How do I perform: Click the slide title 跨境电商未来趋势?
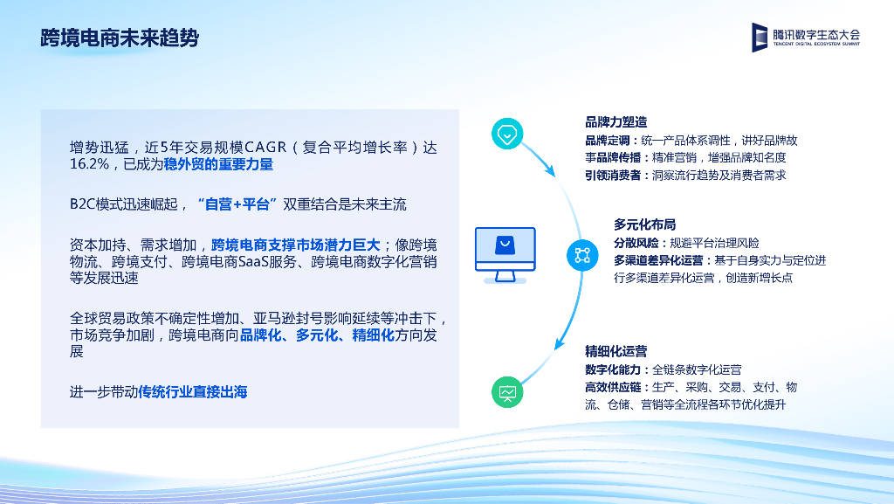click(x=120, y=38)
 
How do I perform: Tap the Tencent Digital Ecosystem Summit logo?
click(x=805, y=37)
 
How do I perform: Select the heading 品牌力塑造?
click(x=615, y=122)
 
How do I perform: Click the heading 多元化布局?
click(x=644, y=224)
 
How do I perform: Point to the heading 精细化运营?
click(x=615, y=351)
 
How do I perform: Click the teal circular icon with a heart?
click(x=507, y=134)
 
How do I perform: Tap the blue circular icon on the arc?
click(x=582, y=255)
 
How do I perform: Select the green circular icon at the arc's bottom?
click(x=507, y=392)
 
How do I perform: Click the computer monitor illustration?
click(x=505, y=255)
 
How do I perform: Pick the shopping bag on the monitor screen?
click(x=505, y=245)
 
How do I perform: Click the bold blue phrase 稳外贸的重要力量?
click(x=218, y=164)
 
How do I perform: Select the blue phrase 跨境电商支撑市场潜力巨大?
click(x=295, y=245)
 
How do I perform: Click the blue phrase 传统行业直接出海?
click(x=193, y=392)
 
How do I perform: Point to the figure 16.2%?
click(x=90, y=164)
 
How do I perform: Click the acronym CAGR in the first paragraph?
click(x=265, y=148)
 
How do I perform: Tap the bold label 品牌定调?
click(x=608, y=141)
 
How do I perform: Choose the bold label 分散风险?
click(x=636, y=243)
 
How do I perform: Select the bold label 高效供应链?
click(x=613, y=387)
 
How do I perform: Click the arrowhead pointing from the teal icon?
click(x=550, y=170)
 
